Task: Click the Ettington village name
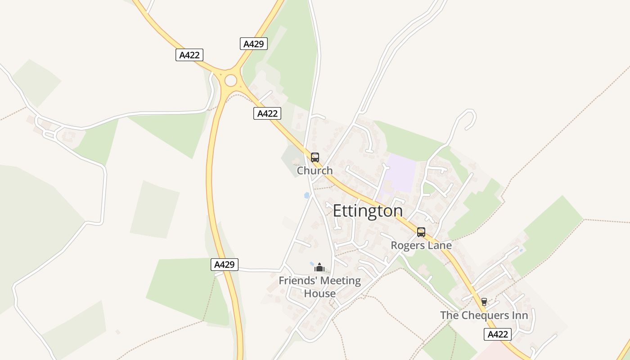click(x=368, y=211)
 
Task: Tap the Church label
click(x=315, y=171)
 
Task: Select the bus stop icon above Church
click(x=315, y=157)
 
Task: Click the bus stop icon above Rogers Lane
click(x=421, y=232)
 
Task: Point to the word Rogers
click(x=407, y=245)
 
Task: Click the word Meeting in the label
click(x=338, y=281)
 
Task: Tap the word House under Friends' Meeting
click(x=320, y=293)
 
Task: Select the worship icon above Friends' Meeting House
click(x=319, y=267)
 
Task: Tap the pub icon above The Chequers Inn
click(x=484, y=301)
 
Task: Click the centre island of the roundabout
click(x=231, y=81)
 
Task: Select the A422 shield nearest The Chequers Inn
click(x=498, y=334)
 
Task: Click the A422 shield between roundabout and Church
click(x=267, y=113)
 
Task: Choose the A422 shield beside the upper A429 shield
click(x=189, y=55)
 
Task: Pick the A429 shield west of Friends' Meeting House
click(x=225, y=265)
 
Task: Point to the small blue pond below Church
click(x=307, y=195)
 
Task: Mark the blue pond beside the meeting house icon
click(x=312, y=264)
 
